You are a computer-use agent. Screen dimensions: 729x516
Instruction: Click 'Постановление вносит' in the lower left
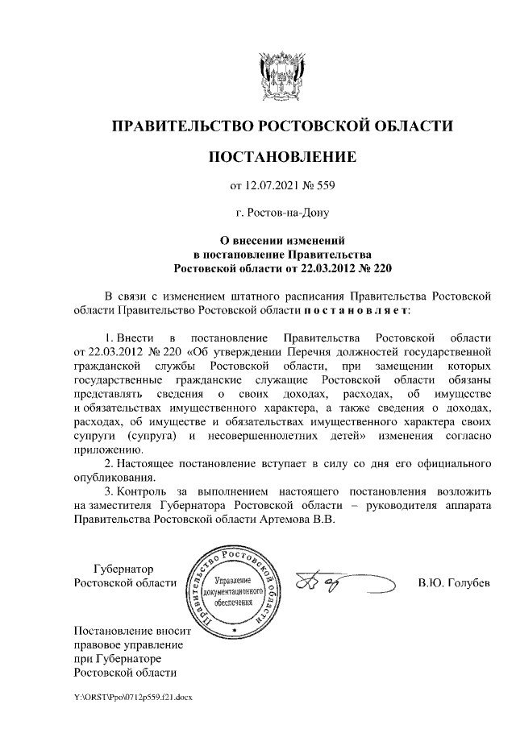(129, 631)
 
